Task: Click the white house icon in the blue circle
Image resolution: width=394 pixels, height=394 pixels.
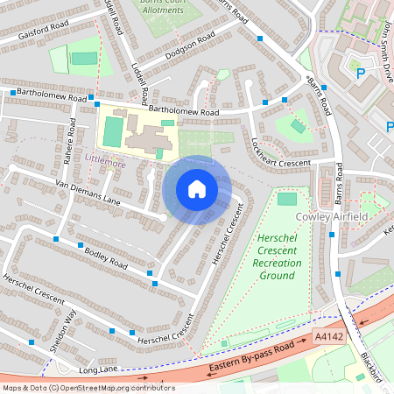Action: [x=197, y=189]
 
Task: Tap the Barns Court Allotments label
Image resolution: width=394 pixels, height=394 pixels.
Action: [x=169, y=6]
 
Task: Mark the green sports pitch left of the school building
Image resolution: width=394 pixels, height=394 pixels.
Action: [x=113, y=131]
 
